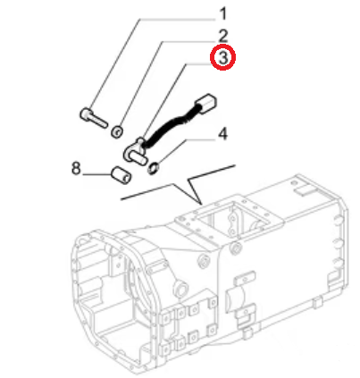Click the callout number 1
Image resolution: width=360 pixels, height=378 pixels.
point(223,14)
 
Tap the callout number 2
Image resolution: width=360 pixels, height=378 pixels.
point(222,36)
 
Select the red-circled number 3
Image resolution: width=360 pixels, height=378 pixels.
point(223,57)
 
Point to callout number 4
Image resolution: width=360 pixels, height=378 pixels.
point(222,134)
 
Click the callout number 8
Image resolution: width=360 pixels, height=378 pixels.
point(76,168)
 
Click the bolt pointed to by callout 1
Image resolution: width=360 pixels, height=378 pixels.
point(93,118)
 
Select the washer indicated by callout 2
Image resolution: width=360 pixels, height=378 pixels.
point(117,131)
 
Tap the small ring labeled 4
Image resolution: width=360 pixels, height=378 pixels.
point(154,169)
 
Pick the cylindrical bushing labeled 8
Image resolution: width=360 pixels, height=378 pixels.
point(121,175)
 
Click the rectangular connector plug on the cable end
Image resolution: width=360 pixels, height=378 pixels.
point(205,105)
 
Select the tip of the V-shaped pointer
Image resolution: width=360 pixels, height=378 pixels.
point(202,205)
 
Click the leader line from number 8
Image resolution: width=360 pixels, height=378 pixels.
point(96,174)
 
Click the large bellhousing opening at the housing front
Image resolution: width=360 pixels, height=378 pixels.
point(101,286)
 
